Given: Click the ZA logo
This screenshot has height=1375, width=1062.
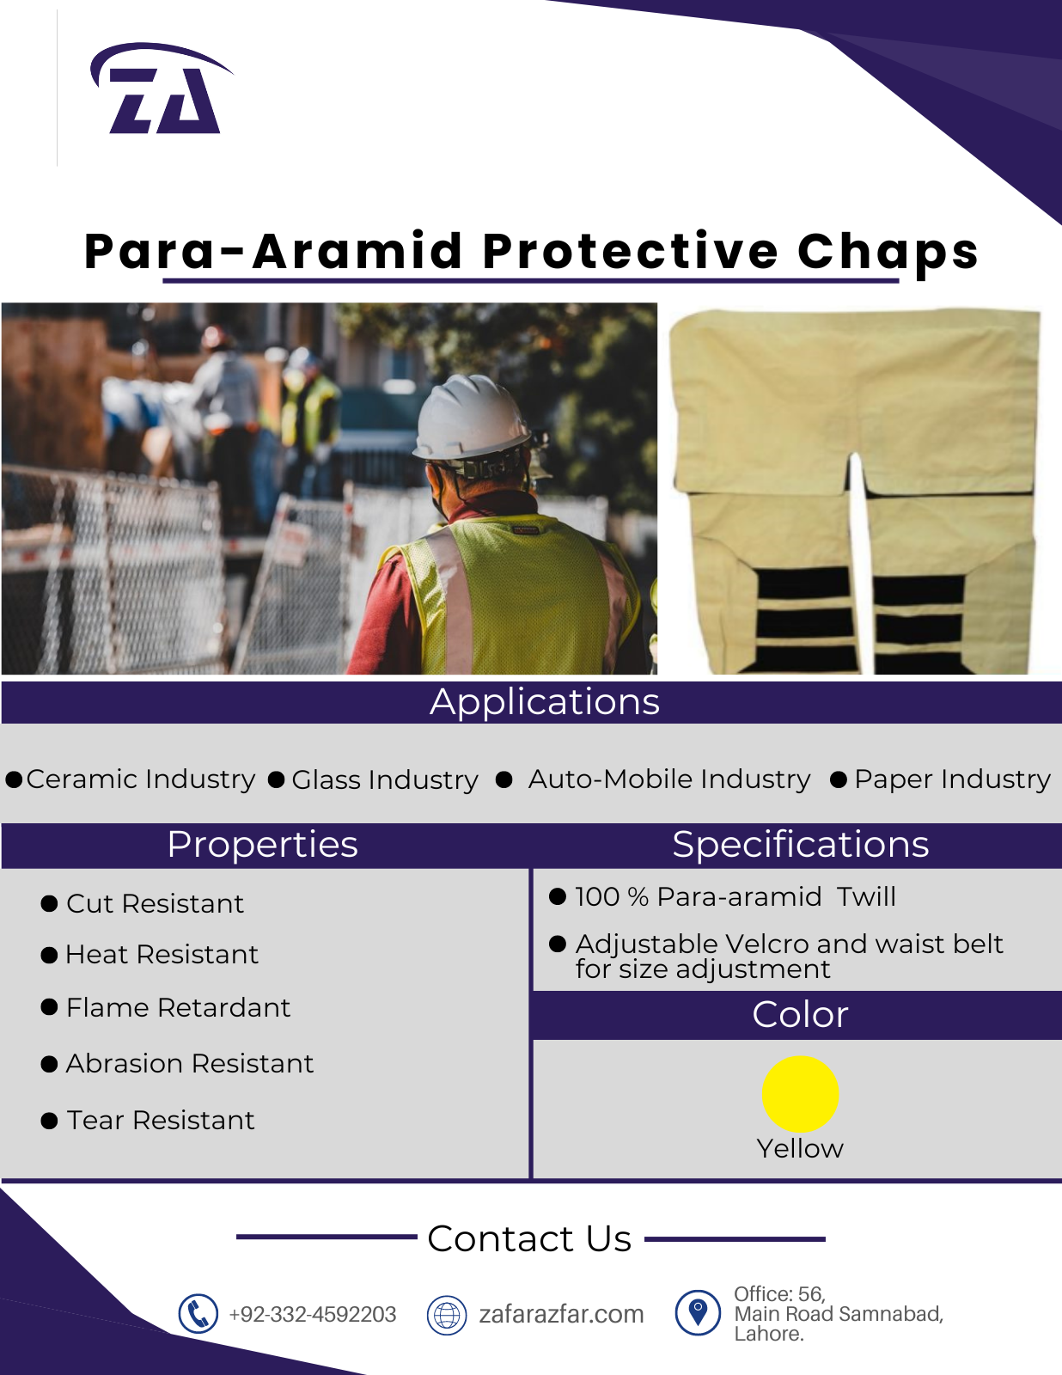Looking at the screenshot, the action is (x=162, y=89).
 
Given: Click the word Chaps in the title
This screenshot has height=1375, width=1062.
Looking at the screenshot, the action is (x=888, y=252).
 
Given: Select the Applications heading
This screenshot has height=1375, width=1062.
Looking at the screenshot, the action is (x=545, y=702).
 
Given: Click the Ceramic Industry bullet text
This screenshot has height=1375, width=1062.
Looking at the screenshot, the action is (x=140, y=779).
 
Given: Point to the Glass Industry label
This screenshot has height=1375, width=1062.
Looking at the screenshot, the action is (x=385, y=779).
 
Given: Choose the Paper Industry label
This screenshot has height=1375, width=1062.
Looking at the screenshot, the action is (x=952, y=779).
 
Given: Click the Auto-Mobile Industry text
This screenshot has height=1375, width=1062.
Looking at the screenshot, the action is (x=669, y=779).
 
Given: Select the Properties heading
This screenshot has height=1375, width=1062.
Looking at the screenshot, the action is (x=263, y=844).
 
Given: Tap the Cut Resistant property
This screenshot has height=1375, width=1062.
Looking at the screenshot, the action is (x=155, y=903).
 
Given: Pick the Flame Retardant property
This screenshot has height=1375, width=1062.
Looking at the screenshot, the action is (x=179, y=1007).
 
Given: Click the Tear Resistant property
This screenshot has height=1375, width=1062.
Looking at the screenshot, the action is (x=161, y=1120).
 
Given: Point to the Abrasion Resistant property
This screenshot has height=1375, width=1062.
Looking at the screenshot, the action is (x=190, y=1063).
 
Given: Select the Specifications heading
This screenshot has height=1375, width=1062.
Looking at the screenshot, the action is (x=800, y=844).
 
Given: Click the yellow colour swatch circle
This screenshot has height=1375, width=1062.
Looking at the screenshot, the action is (x=800, y=1094).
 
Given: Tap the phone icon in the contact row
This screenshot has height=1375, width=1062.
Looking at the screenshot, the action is (x=198, y=1314).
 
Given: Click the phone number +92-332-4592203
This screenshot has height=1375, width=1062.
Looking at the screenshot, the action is (x=313, y=1314).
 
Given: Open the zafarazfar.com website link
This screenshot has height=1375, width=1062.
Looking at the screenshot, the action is (x=561, y=1314).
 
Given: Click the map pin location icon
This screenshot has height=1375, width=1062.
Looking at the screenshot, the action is (x=698, y=1313).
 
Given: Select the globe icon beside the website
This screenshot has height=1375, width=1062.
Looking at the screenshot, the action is (x=447, y=1315).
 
